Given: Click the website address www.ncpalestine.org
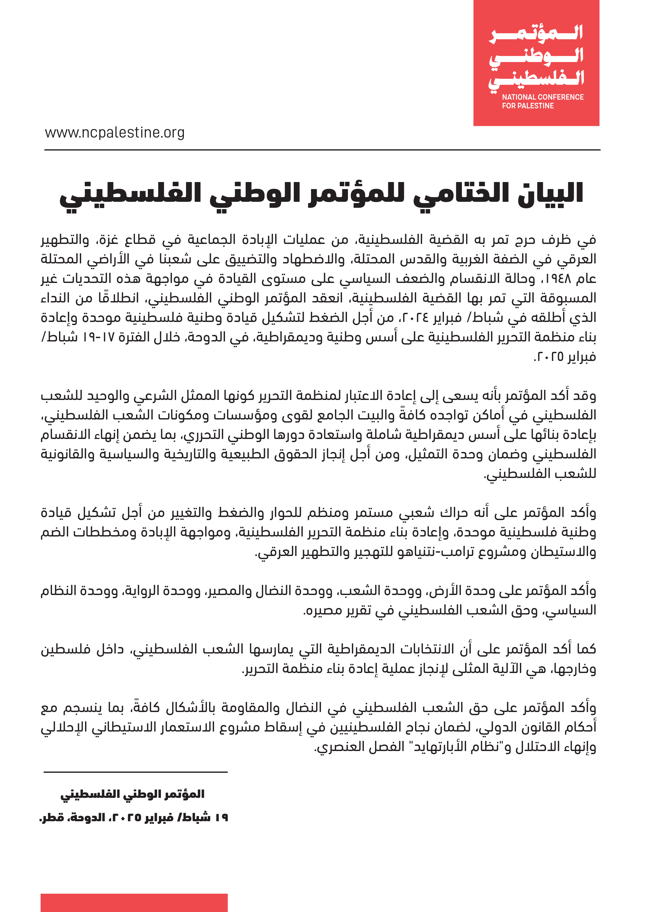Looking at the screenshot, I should pos(115,133).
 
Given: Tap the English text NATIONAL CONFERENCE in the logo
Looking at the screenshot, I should pos(543,97).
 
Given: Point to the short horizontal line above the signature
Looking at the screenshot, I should pos(136,772).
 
